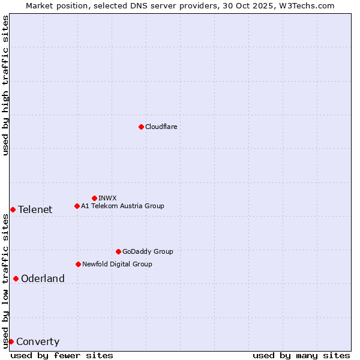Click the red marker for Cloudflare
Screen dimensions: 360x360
coord(141,127)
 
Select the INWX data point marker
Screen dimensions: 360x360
coord(94,198)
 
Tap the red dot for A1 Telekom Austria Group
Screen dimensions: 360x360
coord(77,206)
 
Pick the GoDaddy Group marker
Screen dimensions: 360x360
coord(118,251)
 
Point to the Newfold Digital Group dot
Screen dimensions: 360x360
coord(78,264)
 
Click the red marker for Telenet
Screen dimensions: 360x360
coord(13,209)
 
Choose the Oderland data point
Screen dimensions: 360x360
coord(16,278)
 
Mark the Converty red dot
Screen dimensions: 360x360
coord(11,341)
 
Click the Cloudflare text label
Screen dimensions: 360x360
coord(161,127)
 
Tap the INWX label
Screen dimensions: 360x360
coord(107,198)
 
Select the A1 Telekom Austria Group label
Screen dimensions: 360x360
coord(122,206)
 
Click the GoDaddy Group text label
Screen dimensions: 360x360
coord(147,251)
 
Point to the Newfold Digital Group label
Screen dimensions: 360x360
coord(117,264)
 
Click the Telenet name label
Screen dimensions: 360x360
coord(35,209)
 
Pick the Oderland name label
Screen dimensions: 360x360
coord(43,278)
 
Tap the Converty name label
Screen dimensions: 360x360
coord(38,342)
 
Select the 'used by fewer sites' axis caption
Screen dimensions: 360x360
coord(62,355)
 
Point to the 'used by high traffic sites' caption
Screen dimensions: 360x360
coord(5,85)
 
